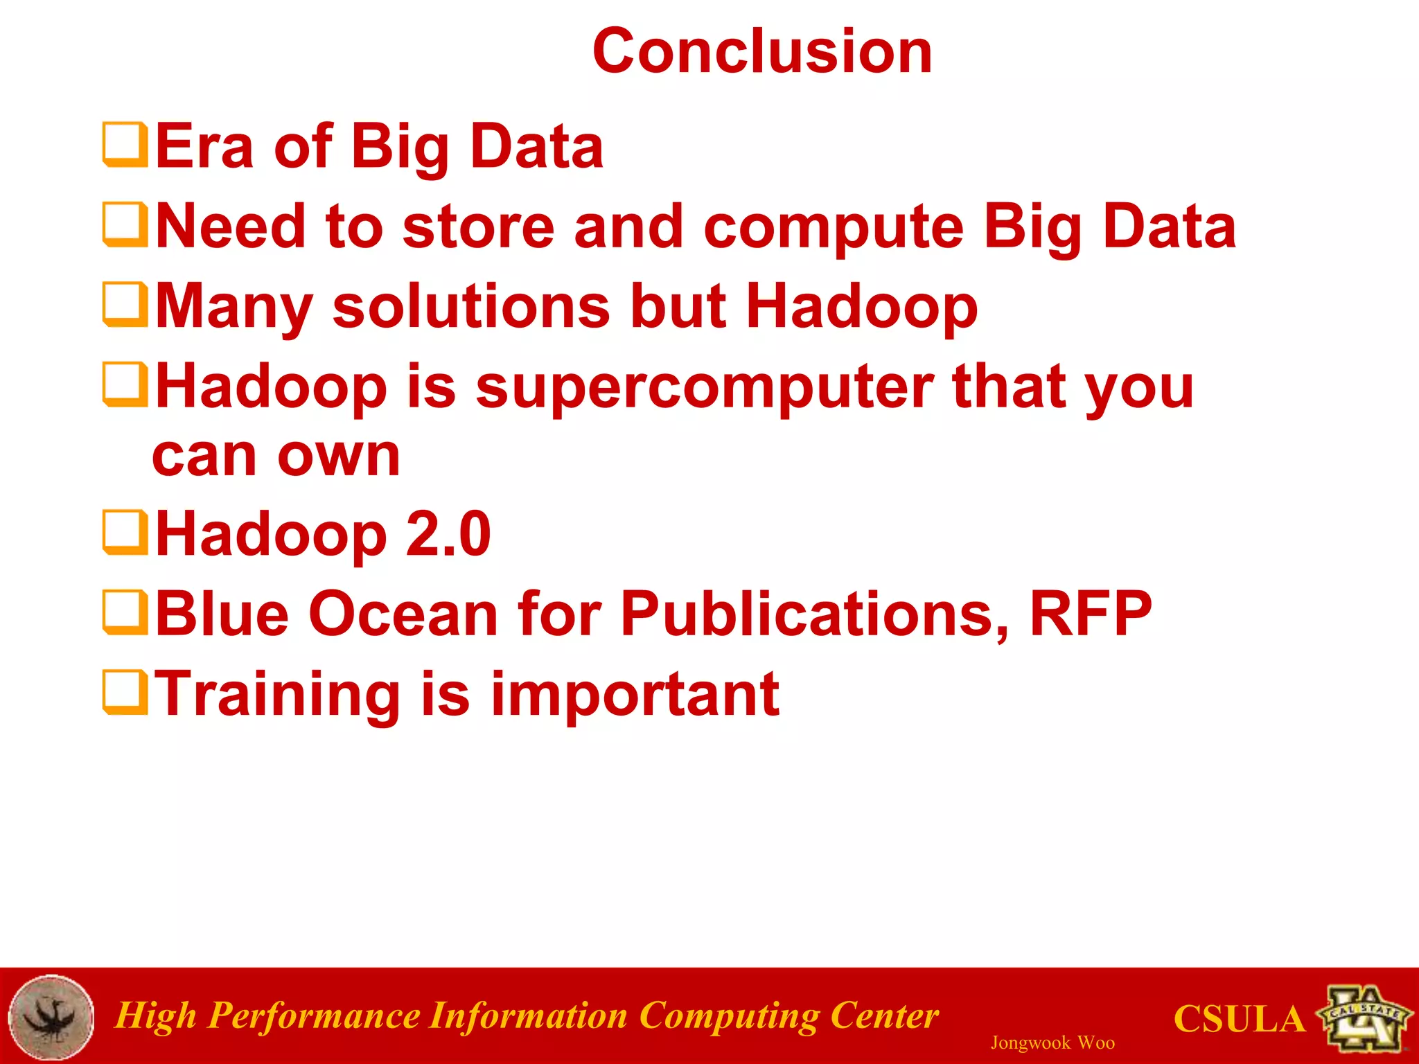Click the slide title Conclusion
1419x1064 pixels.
tap(762, 52)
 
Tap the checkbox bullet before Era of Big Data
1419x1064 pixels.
tap(125, 145)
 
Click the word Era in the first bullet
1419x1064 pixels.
tap(204, 146)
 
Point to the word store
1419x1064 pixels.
tap(478, 227)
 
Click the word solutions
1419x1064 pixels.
tap(471, 306)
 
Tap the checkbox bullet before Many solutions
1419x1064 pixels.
tap(125, 304)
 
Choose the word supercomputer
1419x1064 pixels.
tap(704, 388)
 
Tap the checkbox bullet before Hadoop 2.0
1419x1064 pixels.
tap(125, 533)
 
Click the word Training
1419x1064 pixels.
tap(277, 695)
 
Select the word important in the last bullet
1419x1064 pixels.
tap(635, 695)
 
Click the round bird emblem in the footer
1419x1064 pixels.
tap(52, 1017)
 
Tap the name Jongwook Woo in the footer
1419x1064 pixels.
tap(1052, 1043)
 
